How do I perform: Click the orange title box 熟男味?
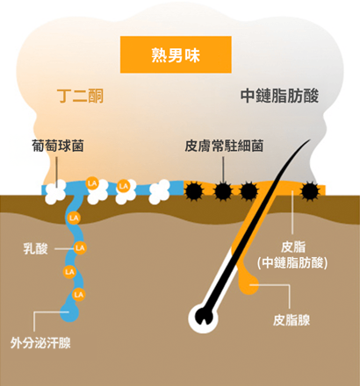click(x=176, y=54)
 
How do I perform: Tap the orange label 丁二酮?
click(x=81, y=96)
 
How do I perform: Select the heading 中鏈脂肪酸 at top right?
click(x=279, y=96)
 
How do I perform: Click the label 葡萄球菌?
click(x=58, y=146)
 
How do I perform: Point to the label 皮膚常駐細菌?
click(x=224, y=146)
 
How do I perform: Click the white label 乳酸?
click(x=35, y=249)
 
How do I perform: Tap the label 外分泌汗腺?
click(x=40, y=343)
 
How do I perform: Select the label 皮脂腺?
click(x=292, y=320)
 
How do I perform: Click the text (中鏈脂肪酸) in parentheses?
click(x=292, y=262)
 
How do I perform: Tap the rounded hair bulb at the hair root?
click(x=203, y=318)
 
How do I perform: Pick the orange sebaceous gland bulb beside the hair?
click(x=248, y=284)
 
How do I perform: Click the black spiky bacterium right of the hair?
click(x=310, y=191)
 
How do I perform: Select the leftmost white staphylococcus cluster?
click(x=55, y=192)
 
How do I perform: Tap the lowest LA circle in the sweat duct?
click(x=78, y=295)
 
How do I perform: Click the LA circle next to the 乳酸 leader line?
click(x=80, y=248)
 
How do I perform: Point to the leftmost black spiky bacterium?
click(x=193, y=191)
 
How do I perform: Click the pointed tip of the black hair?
click(x=310, y=139)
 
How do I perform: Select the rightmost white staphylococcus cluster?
click(x=159, y=192)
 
